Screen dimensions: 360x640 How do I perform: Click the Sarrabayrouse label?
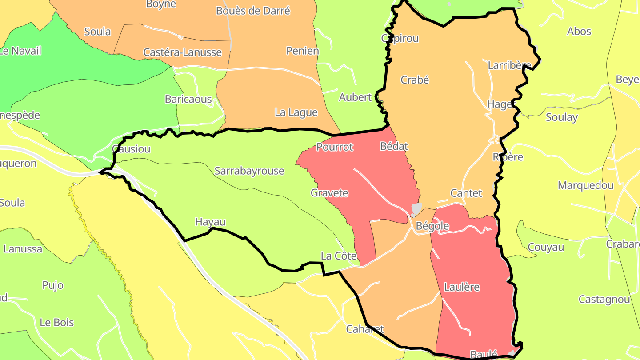pos(249,171)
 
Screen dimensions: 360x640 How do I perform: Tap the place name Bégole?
pos(432,226)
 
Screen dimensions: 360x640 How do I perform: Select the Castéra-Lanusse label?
pos(182,52)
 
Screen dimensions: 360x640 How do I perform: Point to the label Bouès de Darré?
pos(253,11)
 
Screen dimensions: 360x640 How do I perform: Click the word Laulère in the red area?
pos(462,287)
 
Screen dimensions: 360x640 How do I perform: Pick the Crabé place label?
pos(415,80)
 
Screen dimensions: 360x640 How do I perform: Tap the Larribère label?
pos(509,65)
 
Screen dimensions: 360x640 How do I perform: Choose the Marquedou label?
pos(585,185)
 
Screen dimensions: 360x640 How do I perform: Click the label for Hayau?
pos(210,222)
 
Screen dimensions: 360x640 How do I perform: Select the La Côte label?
pos(339,256)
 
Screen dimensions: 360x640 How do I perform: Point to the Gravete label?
pos(329,193)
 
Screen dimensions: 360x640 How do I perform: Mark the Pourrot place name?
pos(335,147)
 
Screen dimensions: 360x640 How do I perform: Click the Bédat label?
pos(394,146)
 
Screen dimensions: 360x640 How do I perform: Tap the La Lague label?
pos(296,112)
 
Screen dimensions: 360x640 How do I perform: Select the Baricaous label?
pos(188,99)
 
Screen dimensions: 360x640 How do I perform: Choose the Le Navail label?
pos(20,51)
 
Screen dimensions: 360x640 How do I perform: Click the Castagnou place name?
pos(604,300)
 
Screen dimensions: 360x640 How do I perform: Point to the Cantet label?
pos(466,193)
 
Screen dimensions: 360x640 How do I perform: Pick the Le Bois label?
pos(57,323)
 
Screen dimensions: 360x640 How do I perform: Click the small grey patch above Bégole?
pos(416,208)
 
